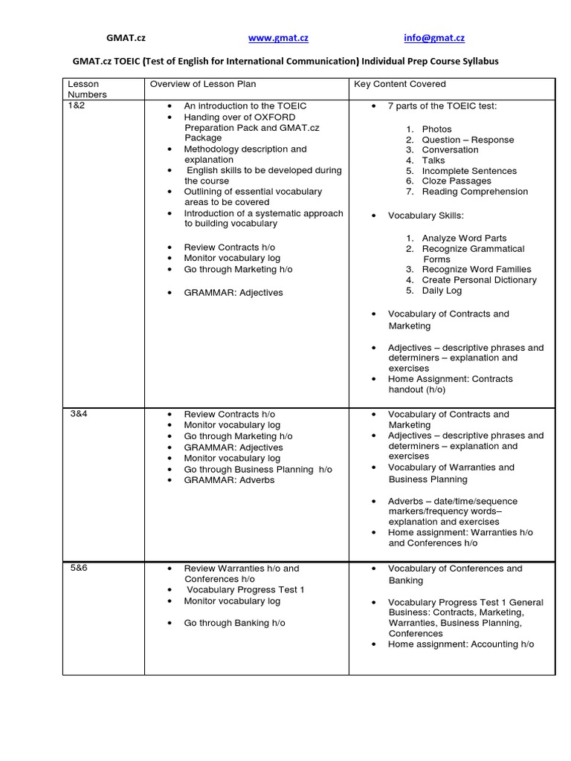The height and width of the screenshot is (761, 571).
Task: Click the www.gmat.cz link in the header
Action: tap(278, 38)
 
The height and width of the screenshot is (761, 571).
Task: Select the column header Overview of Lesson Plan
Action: tap(203, 84)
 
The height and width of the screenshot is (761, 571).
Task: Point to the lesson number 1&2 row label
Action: tap(78, 106)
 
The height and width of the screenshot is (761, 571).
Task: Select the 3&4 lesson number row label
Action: tap(80, 414)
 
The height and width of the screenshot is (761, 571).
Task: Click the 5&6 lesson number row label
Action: tap(80, 569)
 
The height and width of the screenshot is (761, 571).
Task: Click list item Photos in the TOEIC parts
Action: tap(436, 129)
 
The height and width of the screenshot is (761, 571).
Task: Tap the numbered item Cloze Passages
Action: tap(457, 181)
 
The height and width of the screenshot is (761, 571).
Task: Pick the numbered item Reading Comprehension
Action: tap(474, 191)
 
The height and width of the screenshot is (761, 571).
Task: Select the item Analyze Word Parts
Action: tap(465, 238)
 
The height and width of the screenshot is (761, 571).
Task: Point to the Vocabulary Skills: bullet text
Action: tap(425, 216)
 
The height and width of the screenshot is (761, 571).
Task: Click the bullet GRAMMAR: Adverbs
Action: tap(229, 480)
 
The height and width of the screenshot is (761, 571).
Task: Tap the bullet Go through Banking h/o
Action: tap(234, 623)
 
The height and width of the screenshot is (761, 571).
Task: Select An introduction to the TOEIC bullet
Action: tap(245, 106)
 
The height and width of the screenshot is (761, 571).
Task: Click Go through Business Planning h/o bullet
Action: tap(258, 470)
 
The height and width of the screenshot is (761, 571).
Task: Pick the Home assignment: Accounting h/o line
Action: tap(460, 644)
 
